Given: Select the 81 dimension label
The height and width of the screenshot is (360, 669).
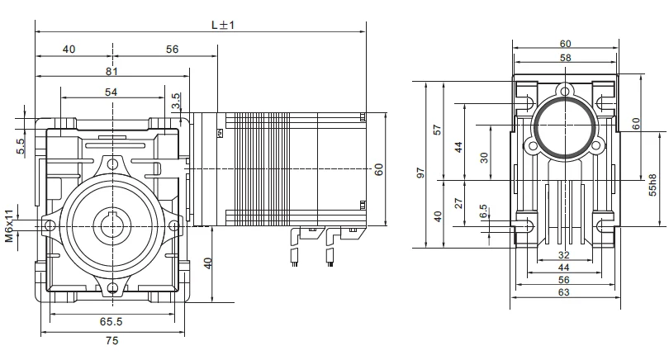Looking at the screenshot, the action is click(111, 71).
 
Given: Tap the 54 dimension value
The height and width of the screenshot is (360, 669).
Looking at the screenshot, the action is click(111, 92).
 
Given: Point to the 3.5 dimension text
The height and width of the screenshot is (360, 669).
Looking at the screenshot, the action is click(176, 102).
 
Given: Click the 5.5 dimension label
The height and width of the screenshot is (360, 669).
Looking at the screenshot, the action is click(21, 147).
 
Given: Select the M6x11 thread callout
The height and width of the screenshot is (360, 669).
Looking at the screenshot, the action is click(9, 226).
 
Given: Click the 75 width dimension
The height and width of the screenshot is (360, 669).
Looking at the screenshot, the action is click(111, 340).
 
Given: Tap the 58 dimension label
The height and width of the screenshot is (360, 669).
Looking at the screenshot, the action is click(565, 58).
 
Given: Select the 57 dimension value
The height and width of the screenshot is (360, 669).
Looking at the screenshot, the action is click(438, 130).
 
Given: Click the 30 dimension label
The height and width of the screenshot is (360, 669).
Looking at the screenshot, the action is click(483, 157).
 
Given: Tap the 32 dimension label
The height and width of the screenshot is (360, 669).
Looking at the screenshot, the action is click(564, 255).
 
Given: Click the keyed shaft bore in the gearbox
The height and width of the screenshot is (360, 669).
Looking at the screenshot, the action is click(112, 224).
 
